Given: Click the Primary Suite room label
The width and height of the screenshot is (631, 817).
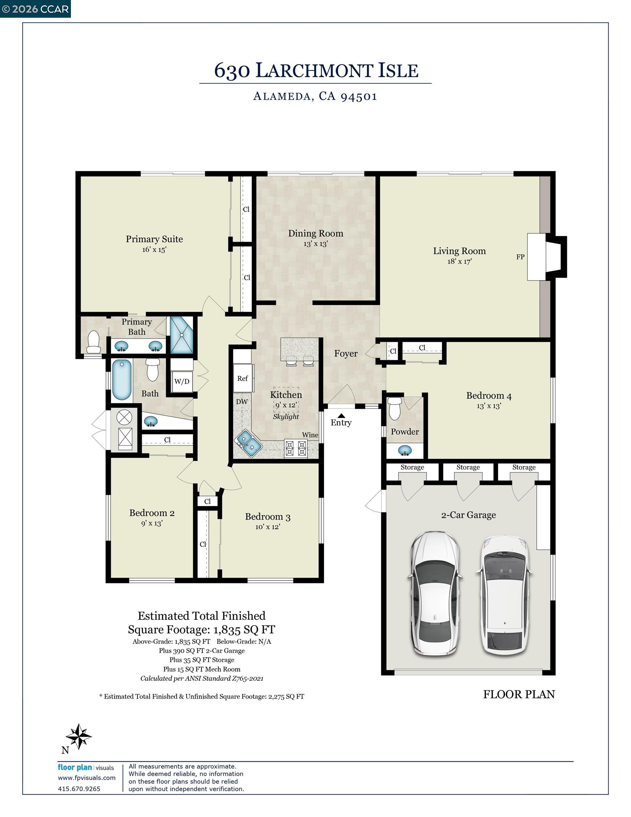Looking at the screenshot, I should coord(154,239).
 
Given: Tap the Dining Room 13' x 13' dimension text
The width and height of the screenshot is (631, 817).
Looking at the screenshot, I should coord(315,244).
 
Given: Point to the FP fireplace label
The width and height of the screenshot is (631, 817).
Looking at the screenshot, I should coord(520,257).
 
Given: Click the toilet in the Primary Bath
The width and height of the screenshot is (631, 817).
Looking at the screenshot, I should coord(93,342).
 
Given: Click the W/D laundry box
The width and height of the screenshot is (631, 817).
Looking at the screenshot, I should coord(182,382).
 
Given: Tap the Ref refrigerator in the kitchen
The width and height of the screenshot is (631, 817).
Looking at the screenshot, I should coord(242,378).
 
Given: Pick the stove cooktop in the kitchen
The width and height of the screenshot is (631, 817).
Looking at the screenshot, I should coord(296,448).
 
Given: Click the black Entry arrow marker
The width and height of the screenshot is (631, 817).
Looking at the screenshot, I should coord(341,415).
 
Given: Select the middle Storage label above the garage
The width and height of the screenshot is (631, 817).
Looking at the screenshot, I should coord(468,467).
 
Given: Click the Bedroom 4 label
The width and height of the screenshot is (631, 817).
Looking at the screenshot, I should coord(488,396).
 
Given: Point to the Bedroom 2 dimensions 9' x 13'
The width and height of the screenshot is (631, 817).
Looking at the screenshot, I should coord(151,523).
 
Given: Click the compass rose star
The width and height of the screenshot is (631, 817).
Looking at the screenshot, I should coord(79,736).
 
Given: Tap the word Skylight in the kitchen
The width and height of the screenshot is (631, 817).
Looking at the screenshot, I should coord(286,417).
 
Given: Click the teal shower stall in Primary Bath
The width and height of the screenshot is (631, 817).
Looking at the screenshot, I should coord(182,335).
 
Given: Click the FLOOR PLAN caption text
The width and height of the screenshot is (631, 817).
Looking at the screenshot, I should coord(518,695).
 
